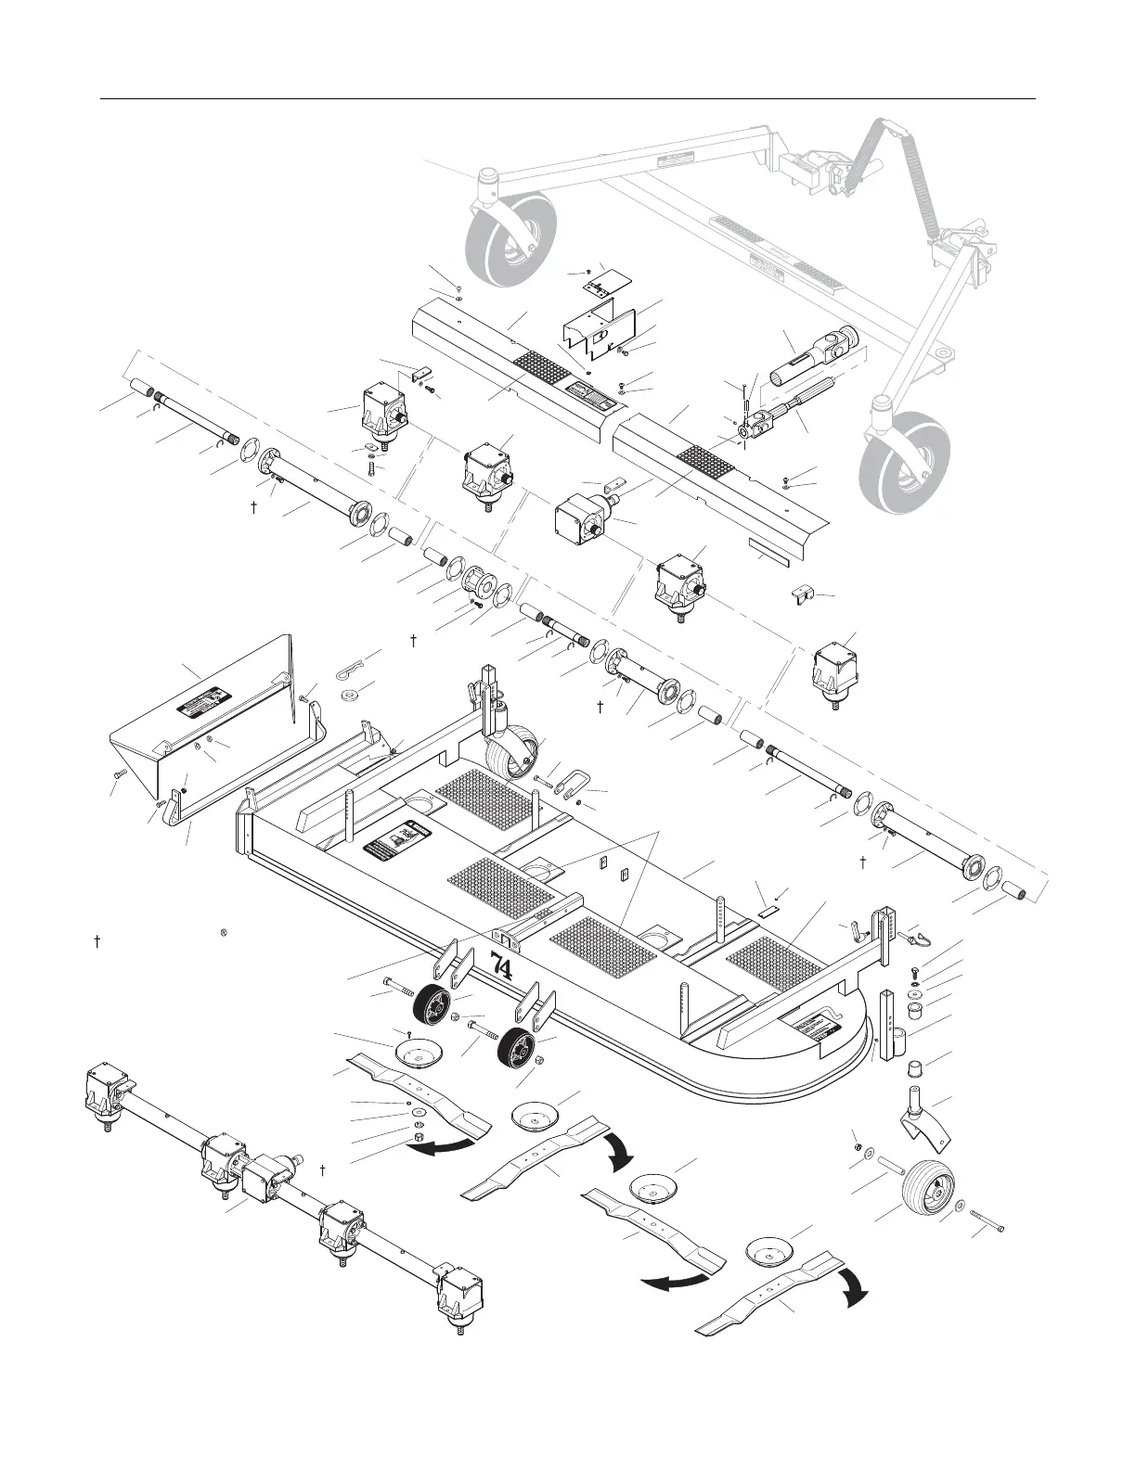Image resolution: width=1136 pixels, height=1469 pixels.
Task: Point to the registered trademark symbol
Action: click(x=225, y=930)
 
